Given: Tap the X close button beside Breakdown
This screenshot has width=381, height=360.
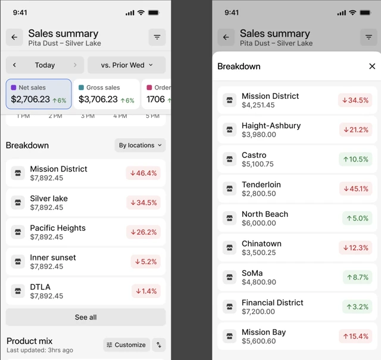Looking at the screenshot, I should [372, 66].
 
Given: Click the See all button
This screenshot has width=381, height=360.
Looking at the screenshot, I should [86, 317].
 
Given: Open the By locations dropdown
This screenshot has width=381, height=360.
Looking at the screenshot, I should [140, 145].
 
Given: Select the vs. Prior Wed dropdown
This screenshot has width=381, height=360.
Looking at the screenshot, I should [127, 65].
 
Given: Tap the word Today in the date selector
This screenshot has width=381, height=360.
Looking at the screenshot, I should [45, 65].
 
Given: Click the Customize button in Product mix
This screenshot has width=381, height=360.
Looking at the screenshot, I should [126, 345].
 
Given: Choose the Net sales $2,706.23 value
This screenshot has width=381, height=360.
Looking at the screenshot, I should [30, 100].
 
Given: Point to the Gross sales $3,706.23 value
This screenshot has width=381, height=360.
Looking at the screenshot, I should [98, 100].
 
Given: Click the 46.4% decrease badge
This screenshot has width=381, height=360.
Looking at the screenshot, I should [143, 173].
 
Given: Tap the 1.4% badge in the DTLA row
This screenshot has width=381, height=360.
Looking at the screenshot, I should [146, 291].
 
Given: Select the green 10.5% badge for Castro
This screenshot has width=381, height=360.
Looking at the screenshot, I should [355, 160].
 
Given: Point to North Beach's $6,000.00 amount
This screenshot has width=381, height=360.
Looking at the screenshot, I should [259, 223].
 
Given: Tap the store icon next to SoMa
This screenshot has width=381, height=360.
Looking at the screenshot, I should [230, 277].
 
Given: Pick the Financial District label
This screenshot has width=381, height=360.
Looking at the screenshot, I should [273, 302].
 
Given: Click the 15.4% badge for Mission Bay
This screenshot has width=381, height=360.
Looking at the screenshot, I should [355, 337].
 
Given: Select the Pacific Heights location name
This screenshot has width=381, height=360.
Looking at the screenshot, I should [58, 228].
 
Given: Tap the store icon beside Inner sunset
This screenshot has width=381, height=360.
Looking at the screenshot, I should [18, 262].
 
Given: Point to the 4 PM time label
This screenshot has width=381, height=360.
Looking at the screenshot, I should [120, 116].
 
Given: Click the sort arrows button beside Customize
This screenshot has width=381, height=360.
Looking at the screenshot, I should [159, 345].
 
